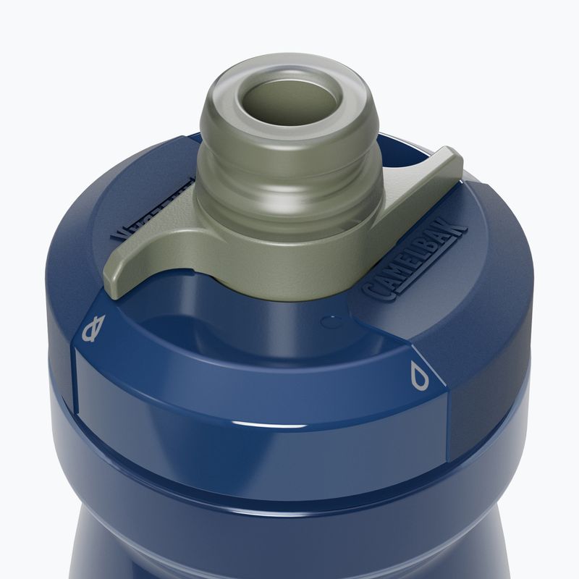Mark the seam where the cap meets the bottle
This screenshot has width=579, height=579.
289,474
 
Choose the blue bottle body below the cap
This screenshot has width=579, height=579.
289,536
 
